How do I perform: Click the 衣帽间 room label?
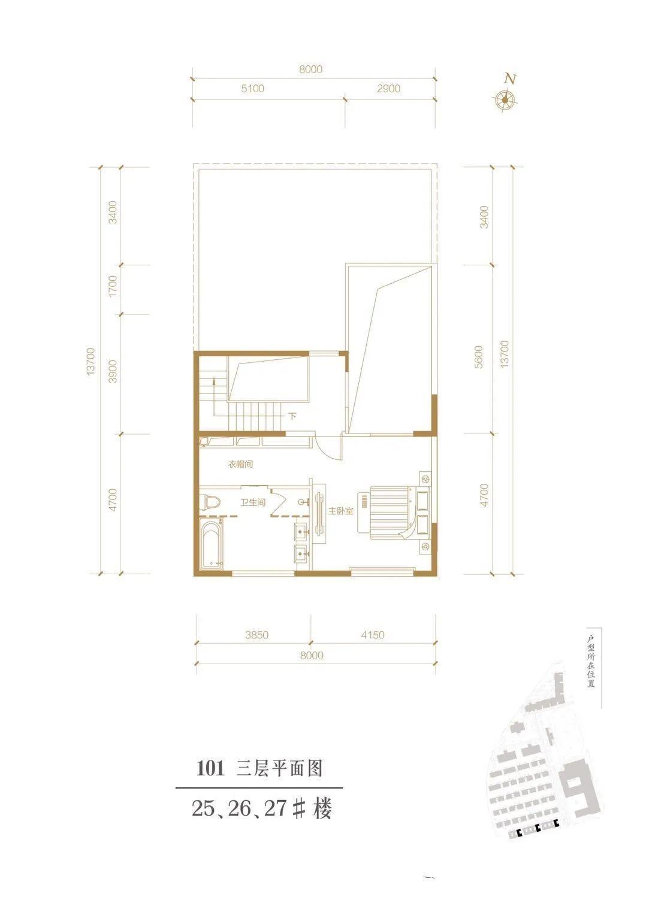pyautogui.click(x=240, y=465)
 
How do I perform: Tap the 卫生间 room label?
pyautogui.click(x=252, y=502)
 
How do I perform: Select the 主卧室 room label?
pyautogui.click(x=340, y=511)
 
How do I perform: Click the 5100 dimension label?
pyautogui.click(x=252, y=89)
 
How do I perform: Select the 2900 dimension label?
pyautogui.click(x=388, y=89)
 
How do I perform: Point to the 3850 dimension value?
pyautogui.click(x=256, y=635)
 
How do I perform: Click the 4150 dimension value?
pyautogui.click(x=372, y=635)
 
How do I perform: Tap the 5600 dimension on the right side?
pyautogui.click(x=479, y=357)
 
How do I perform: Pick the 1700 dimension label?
pyautogui.click(x=113, y=286)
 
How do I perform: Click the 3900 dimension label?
pyautogui.click(x=113, y=371)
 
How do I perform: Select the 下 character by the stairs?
pyautogui.click(x=292, y=416)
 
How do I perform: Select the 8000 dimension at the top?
pyautogui.click(x=310, y=69)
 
